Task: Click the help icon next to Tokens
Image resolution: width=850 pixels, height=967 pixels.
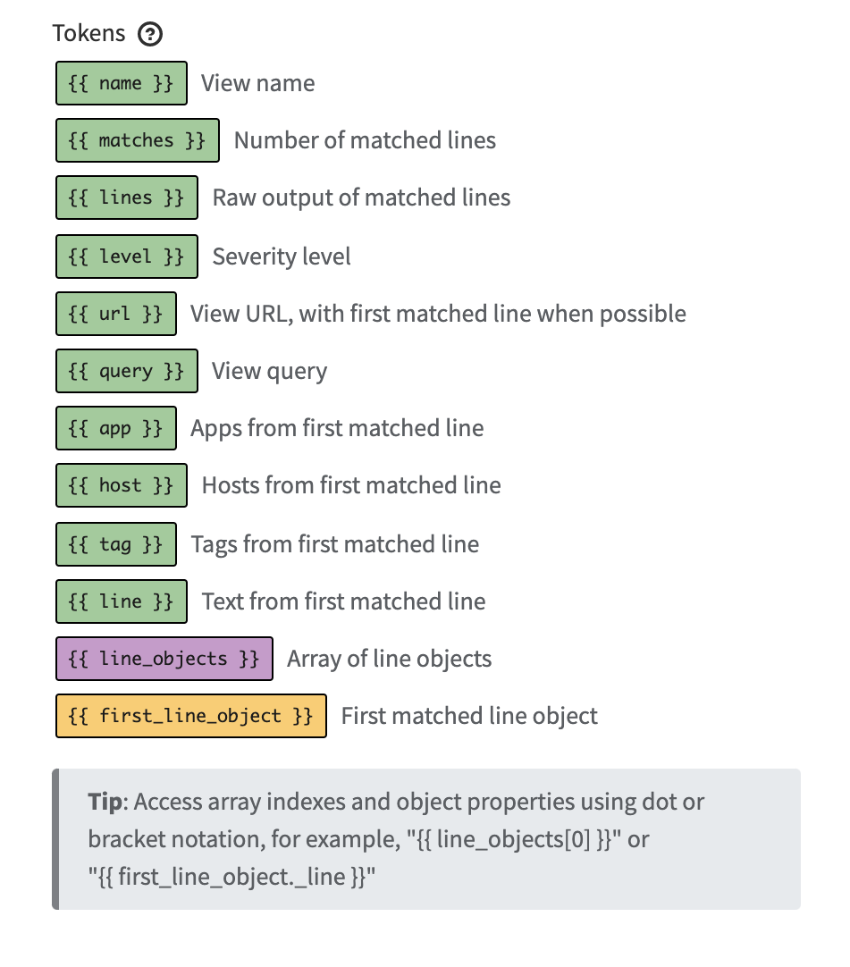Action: point(150,35)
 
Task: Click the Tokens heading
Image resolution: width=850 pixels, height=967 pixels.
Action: point(89,34)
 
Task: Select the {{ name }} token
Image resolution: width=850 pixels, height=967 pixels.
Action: point(122,83)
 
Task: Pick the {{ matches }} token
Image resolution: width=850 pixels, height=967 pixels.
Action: point(138,140)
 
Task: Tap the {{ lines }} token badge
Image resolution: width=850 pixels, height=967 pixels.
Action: point(126,198)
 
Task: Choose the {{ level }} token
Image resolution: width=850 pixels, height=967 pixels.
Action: point(126,256)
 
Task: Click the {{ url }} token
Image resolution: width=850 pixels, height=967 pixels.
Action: point(116,314)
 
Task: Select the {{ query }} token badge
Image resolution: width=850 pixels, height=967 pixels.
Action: point(126,371)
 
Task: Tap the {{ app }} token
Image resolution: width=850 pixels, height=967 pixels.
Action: point(116,428)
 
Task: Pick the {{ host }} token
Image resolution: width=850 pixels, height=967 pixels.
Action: point(122,485)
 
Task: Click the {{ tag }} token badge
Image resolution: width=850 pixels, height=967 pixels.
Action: point(116,544)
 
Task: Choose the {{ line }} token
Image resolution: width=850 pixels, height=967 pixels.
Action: point(122,601)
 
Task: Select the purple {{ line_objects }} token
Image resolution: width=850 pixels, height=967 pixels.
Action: point(164,659)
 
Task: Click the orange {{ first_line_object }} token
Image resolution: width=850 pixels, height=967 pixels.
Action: point(191,716)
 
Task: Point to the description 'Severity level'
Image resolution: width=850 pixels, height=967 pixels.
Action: point(282,256)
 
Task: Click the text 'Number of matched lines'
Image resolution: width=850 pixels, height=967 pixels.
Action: point(365,140)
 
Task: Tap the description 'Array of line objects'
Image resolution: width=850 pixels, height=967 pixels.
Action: point(390,660)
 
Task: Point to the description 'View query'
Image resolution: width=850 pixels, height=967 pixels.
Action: point(269,371)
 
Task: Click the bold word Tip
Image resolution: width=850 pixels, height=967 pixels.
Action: point(105,801)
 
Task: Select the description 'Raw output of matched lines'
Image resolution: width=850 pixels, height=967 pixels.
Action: point(361,198)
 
